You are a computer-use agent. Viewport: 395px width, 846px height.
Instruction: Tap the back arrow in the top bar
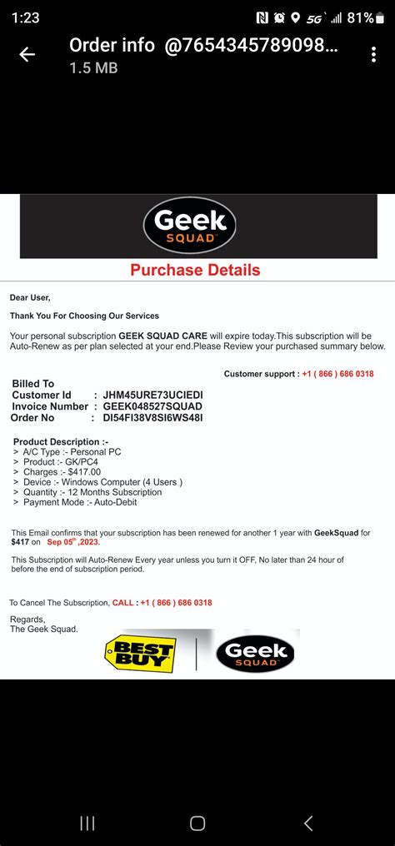point(27,54)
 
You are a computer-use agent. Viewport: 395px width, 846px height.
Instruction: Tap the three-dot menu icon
point(373,54)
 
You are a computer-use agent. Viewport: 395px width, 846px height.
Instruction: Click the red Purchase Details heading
point(195,270)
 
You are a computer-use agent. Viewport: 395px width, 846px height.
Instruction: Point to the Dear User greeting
point(30,297)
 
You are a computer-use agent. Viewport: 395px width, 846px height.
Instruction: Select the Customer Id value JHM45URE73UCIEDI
point(152,395)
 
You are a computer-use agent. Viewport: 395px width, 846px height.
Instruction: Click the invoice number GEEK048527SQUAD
point(152,406)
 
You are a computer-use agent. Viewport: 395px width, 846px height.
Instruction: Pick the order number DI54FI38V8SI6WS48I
point(152,417)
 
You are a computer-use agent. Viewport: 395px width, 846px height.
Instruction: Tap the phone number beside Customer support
point(337,374)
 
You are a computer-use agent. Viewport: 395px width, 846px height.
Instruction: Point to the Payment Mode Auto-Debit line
point(79,502)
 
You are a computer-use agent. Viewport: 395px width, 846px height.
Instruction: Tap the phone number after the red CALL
point(176,603)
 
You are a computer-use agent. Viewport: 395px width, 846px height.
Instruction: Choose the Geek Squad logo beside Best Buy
point(255,652)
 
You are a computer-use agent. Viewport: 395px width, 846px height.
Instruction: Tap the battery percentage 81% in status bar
point(360,17)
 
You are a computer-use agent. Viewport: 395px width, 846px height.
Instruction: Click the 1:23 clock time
point(26,17)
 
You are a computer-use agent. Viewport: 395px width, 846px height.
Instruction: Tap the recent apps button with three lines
point(87,824)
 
